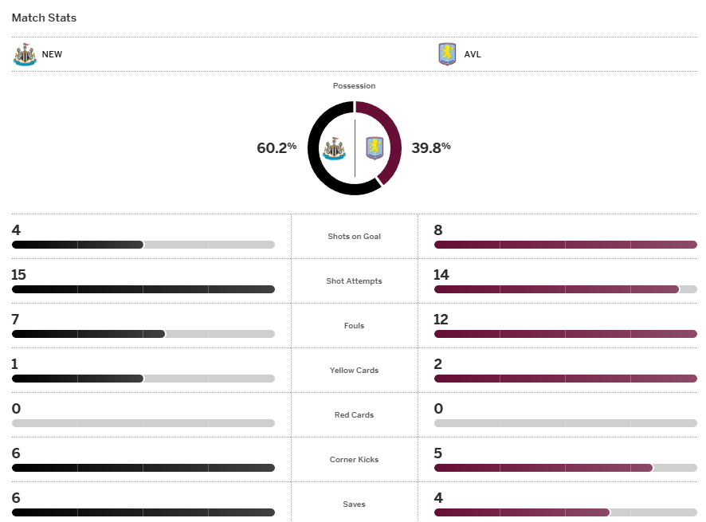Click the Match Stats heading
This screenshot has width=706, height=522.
pos(44,18)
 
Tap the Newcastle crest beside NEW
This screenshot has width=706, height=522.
pos(25,54)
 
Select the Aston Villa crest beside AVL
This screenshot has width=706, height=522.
pos(447,54)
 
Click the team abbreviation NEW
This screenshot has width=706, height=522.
pos(52,55)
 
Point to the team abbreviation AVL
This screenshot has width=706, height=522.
pos(473,55)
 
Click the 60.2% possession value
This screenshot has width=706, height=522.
pos(277,147)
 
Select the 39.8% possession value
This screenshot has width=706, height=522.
pos(431,147)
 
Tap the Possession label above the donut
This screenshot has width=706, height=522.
pos(355,85)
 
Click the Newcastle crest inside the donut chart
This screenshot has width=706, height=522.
pos(334,148)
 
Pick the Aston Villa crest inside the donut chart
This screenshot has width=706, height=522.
pos(375,148)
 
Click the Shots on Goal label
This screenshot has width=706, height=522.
pos(355,237)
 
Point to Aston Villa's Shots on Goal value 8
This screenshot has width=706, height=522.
pos(438,230)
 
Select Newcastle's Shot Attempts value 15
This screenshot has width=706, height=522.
pos(19,275)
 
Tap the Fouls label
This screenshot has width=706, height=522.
pos(355,326)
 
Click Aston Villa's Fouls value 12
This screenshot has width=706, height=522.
pos(441,320)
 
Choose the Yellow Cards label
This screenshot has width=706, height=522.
pos(355,371)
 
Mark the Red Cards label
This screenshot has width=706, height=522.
pos(355,415)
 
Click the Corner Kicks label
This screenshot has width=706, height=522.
pos(355,460)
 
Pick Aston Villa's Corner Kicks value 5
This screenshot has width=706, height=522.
pos(438,453)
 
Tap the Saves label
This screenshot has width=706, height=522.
pos(355,504)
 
